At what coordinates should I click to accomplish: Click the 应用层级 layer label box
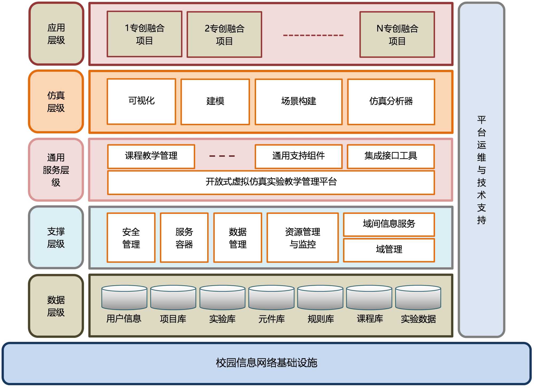tap(56, 34)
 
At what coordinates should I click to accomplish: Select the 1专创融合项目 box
tap(144, 34)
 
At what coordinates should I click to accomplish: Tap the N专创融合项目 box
tap(397, 35)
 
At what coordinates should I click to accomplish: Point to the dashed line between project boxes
tap(313, 35)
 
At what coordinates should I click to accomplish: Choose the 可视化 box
tap(141, 102)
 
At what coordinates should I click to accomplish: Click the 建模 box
tap(215, 102)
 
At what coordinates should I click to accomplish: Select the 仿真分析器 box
tap(391, 102)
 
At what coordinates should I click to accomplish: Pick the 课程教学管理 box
tap(151, 156)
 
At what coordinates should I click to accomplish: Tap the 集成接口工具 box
tap(391, 156)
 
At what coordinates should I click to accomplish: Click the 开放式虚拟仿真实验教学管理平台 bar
tap(271, 183)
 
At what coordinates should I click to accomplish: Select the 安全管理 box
tap(131, 238)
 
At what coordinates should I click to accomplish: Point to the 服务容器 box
tap(184, 238)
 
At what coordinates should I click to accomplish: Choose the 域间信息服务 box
tap(389, 224)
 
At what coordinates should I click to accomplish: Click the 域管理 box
tap(389, 250)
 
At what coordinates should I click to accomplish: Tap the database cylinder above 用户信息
tap(124, 297)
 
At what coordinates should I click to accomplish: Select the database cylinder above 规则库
tap(320, 297)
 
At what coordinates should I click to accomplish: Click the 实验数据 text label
tap(418, 319)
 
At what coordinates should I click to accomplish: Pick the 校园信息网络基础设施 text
tap(266, 363)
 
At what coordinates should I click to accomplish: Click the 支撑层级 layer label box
tap(56, 237)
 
